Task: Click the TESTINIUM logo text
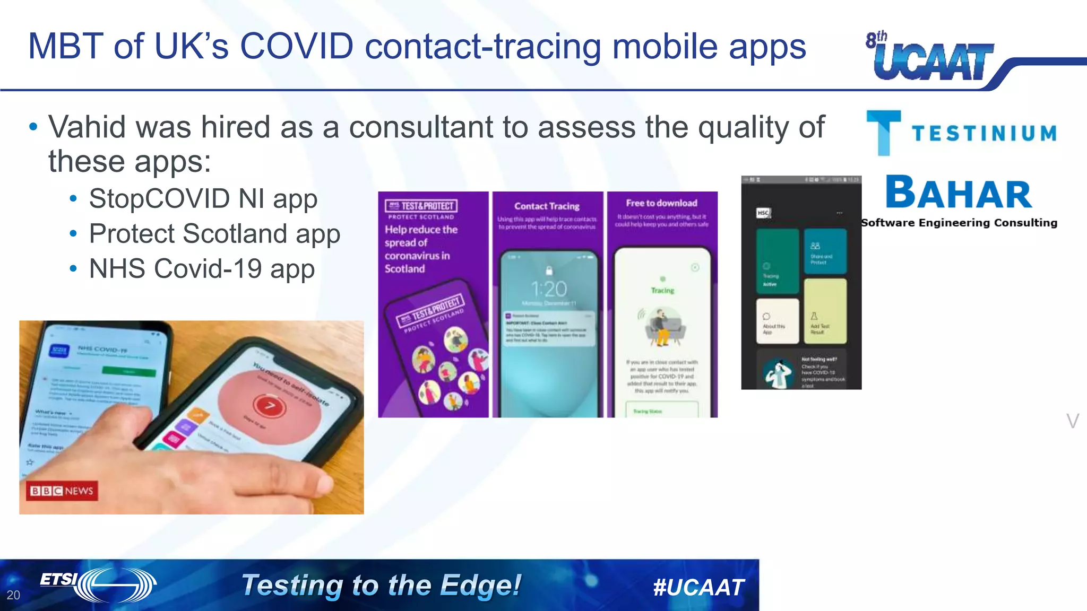tap(984, 134)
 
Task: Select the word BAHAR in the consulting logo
tap(959, 193)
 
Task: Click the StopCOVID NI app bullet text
tap(203, 199)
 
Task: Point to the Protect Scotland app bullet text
tap(214, 234)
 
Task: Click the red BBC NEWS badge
tap(62, 491)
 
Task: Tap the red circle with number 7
tap(270, 406)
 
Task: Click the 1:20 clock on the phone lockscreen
tap(549, 289)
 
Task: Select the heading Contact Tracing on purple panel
tap(547, 206)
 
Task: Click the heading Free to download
tap(661, 203)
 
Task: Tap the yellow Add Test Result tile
tap(825, 311)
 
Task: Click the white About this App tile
tap(777, 321)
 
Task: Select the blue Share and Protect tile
tap(825, 251)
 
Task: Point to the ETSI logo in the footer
tap(98, 584)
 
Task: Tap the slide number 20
tap(13, 595)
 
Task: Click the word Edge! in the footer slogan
tap(480, 586)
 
